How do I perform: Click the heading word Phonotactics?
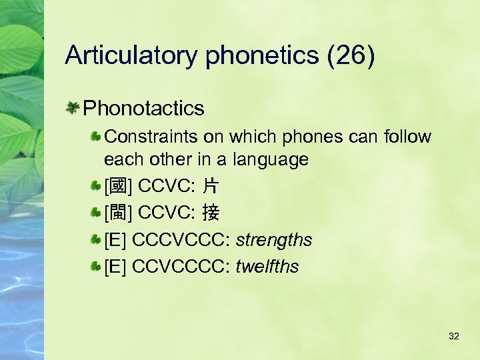pos(144,107)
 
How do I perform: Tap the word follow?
pos(408,137)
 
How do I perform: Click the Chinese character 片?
pos(211,186)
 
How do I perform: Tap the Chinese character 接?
pos(211,213)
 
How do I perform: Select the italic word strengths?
pos(274,239)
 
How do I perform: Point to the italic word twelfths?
pos(267,267)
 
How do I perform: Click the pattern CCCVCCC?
pos(181,239)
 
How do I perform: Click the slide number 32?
pos(454,336)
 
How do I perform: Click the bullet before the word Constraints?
pos(97,137)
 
